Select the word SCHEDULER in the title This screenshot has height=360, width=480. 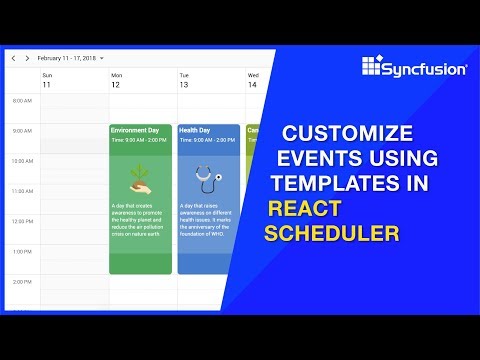[x=332, y=234]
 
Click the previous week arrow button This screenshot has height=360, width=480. [x=14, y=58]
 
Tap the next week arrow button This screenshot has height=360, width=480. [x=27, y=58]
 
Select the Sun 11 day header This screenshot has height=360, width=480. [x=46, y=81]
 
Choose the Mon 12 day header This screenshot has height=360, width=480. [x=116, y=81]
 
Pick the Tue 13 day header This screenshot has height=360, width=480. [x=184, y=81]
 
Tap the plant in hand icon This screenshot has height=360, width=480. [x=140, y=177]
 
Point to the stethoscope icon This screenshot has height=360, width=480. [x=208, y=178]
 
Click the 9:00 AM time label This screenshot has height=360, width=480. [x=21, y=131]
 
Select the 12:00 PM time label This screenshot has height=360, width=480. [x=20, y=222]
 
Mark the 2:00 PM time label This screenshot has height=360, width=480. [x=21, y=283]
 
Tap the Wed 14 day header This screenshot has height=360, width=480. [x=253, y=81]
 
